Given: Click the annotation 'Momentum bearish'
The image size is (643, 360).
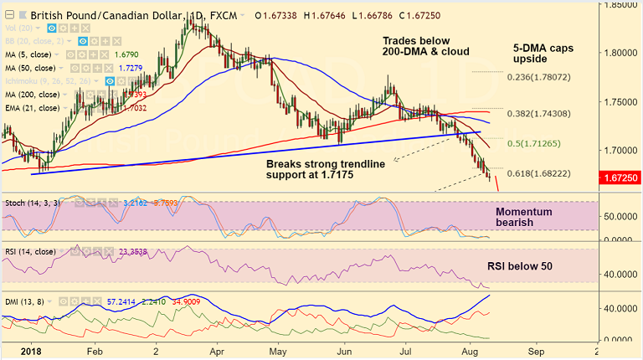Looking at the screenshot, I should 524,219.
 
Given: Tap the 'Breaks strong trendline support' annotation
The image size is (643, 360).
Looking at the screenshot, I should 326,170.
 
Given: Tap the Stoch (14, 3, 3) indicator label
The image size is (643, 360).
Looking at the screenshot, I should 30,203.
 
